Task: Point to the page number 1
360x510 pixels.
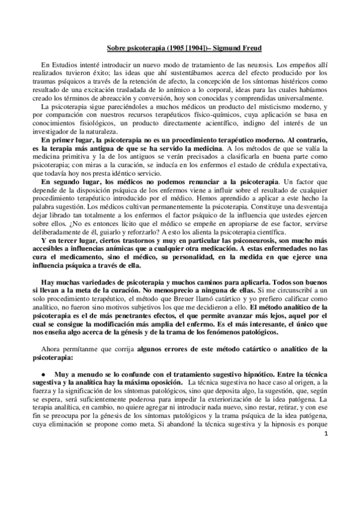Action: (x=325, y=467)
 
